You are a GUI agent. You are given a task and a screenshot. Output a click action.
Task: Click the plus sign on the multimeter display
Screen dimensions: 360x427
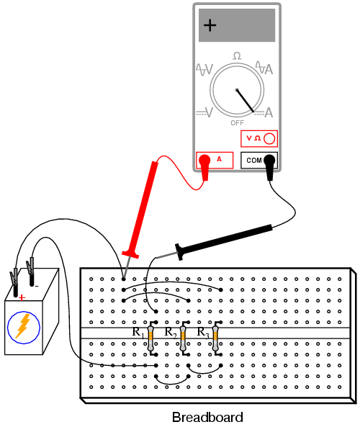click(x=210, y=25)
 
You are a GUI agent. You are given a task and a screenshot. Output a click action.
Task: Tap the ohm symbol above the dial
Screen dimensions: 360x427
click(x=237, y=56)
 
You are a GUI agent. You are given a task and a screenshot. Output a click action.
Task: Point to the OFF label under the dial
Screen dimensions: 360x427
click(x=237, y=123)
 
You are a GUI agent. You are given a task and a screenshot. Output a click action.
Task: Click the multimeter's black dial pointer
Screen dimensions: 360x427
click(x=245, y=101)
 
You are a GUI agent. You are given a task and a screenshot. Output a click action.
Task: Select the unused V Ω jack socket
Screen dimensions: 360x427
click(x=269, y=138)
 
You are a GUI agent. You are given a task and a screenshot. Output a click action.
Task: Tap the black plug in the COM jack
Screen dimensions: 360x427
click(x=269, y=167)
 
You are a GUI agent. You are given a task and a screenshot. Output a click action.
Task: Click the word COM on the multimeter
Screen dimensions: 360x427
click(x=253, y=161)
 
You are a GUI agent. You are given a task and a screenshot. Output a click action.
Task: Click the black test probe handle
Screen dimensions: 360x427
click(x=224, y=241)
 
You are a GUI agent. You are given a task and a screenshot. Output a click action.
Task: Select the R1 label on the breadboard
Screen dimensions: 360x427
click(x=138, y=333)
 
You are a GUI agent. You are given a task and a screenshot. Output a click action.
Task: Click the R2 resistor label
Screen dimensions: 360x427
click(x=171, y=333)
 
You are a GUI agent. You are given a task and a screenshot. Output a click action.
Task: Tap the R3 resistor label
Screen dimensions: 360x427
click(x=203, y=333)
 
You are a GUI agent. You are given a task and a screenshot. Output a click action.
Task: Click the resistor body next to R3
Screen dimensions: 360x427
click(x=215, y=338)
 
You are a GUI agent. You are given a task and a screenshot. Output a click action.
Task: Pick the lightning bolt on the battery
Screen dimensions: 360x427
click(x=23, y=326)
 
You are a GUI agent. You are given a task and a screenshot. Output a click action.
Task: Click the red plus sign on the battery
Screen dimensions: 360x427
click(x=22, y=297)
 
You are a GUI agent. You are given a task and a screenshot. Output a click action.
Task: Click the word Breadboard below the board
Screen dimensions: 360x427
click(x=207, y=417)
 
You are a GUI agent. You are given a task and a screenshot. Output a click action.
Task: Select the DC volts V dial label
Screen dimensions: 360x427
click(x=204, y=112)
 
